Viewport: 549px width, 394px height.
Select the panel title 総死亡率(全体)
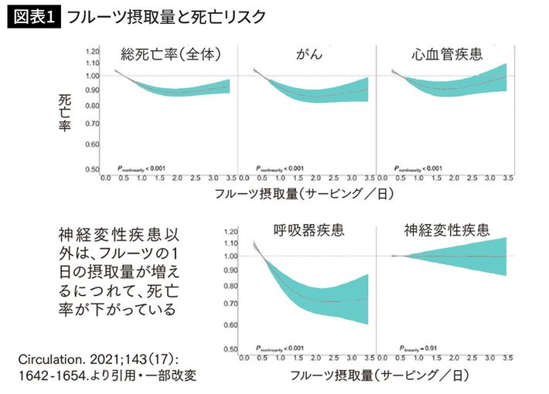coord(172,54)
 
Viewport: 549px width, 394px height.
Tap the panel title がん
coord(309,55)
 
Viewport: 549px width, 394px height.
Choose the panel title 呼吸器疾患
coord(309,230)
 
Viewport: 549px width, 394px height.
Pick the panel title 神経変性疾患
coord(446,230)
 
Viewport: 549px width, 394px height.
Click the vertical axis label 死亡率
coord(65,114)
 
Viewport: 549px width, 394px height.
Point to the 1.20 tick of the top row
coord(93,49)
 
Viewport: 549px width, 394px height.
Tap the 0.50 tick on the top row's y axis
coord(93,170)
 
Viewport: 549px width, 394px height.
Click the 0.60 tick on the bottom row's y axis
coord(230,324)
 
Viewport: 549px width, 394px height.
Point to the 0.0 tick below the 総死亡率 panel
coord(106,178)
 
